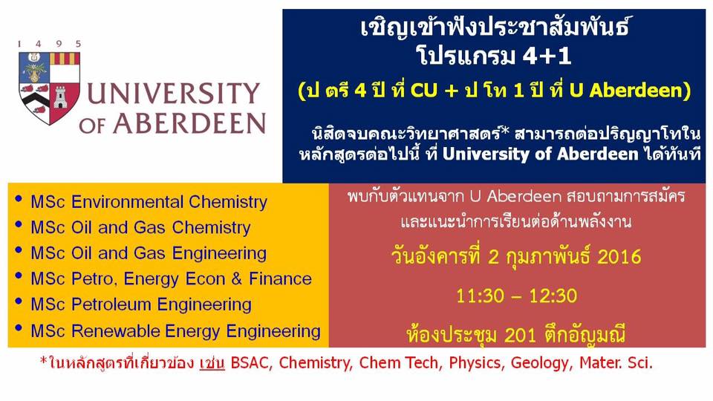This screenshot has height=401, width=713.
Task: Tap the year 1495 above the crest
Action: tap(50, 44)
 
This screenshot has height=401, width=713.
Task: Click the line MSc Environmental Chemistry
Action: tap(149, 201)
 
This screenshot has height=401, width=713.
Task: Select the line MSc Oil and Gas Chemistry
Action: tap(140, 227)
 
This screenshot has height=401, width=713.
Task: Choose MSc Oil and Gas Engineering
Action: tap(149, 253)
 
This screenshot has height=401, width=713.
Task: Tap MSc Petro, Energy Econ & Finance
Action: tap(171, 279)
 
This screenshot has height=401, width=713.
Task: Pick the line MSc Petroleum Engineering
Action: tap(141, 304)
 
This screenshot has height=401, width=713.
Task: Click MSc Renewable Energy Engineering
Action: tap(175, 331)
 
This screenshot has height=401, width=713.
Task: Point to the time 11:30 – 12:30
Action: tap(517, 296)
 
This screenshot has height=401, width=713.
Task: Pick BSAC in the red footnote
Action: tap(251, 364)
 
